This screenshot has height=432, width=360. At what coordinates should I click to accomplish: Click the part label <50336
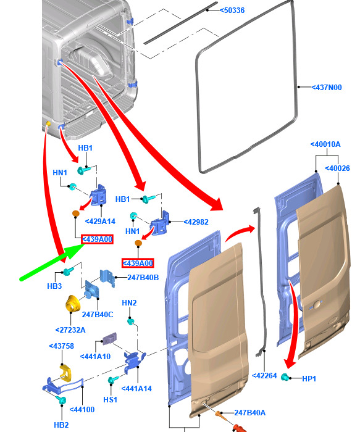tap(232, 10)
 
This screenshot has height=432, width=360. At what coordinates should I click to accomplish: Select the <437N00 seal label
tap(327, 88)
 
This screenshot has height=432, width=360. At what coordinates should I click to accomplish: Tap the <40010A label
tap(325, 144)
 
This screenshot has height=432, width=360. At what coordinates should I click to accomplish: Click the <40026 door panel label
tap(337, 168)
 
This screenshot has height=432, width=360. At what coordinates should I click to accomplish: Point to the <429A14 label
tap(100, 221)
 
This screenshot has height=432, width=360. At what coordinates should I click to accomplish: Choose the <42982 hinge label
tap(196, 222)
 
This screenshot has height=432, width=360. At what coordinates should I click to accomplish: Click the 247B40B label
tap(143, 278)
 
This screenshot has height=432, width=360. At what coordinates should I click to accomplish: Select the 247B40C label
tap(98, 314)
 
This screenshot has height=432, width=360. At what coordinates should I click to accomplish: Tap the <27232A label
tap(70, 330)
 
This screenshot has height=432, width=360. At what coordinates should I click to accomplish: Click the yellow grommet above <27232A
tap(72, 304)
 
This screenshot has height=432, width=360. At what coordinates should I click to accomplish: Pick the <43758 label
tap(62, 346)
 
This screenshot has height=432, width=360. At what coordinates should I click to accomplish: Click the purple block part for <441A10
tap(110, 339)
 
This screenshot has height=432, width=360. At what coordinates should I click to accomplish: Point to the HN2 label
tap(129, 303)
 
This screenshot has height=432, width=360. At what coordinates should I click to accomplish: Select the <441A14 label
tap(136, 388)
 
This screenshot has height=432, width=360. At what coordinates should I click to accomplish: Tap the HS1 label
tap(111, 399)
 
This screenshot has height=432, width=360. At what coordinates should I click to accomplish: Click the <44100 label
tap(82, 410)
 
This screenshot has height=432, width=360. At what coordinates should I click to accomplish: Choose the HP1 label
tap(309, 378)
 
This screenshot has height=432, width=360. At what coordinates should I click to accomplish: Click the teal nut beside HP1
tap(285, 377)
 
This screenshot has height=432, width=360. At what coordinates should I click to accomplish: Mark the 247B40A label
tap(250, 412)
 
